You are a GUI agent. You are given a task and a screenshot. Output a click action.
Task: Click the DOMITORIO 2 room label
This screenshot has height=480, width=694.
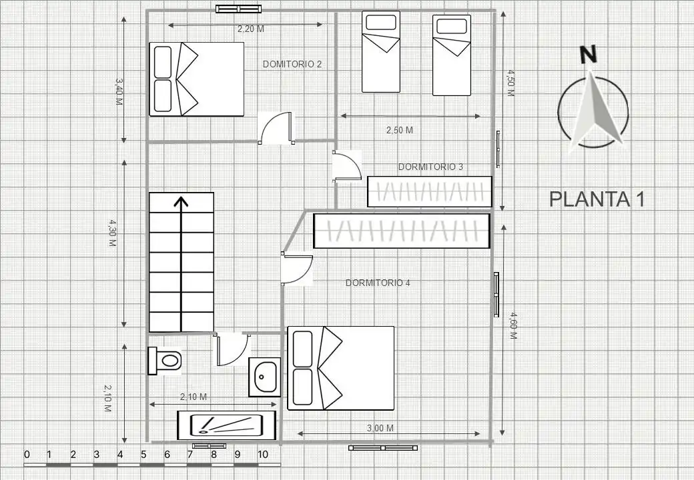click(x=292, y=64)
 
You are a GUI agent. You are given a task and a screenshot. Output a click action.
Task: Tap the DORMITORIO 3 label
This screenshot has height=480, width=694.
click(x=430, y=167)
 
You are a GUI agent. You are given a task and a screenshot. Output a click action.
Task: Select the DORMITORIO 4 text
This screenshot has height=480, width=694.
click(x=378, y=283)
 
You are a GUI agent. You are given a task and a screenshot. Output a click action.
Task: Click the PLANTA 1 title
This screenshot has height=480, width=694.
click(x=597, y=199)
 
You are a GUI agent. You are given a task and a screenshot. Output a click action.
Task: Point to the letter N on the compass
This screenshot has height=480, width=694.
click(x=588, y=55)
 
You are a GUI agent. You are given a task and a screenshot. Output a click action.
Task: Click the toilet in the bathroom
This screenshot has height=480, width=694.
click(x=165, y=361)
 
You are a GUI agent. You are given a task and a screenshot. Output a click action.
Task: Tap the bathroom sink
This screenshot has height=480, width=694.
click(x=265, y=377)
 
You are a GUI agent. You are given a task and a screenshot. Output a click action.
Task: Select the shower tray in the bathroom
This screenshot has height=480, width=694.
click(x=227, y=425)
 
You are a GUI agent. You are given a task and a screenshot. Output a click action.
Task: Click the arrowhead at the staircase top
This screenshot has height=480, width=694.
click(x=181, y=202)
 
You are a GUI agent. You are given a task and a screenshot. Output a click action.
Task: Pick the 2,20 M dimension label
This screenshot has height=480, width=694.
click(x=250, y=29)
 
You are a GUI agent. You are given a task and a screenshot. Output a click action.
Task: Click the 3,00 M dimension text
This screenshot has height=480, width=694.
click(x=380, y=428)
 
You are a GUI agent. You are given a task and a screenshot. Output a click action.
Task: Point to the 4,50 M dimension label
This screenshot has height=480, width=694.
click(x=510, y=83)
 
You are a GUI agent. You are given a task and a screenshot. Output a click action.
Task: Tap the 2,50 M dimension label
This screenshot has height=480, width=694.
click(x=400, y=130)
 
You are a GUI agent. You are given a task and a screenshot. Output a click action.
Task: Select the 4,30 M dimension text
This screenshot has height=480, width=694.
click(x=112, y=233)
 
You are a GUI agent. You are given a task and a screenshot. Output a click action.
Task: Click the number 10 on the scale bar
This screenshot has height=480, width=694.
click(x=262, y=455)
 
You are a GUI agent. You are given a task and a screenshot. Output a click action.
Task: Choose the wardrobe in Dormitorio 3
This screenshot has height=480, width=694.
click(x=430, y=192)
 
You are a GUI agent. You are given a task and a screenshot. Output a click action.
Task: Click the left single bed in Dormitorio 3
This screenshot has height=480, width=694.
click(x=381, y=52)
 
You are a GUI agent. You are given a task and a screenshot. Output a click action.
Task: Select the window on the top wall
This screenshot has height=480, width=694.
click(x=239, y=9)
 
